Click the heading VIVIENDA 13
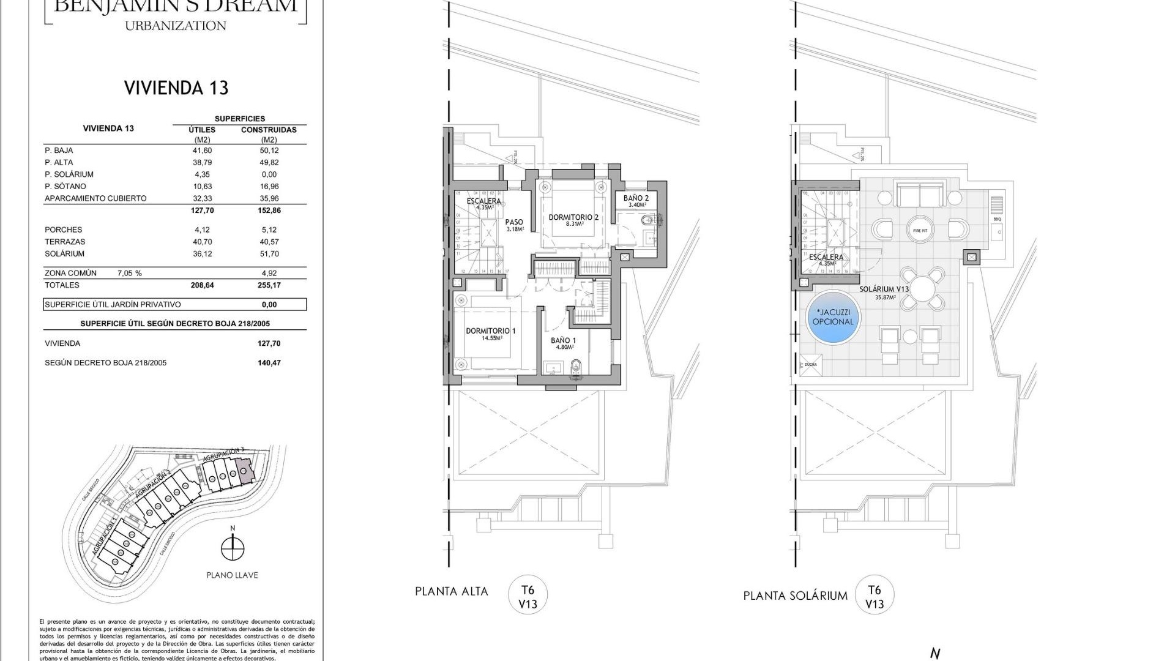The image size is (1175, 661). pyautogui.click(x=176, y=88)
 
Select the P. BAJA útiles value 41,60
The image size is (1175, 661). pyautogui.click(x=202, y=151)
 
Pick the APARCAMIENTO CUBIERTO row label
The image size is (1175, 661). pyautogui.click(x=95, y=198)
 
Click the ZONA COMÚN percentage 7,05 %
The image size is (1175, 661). pyautogui.click(x=129, y=274)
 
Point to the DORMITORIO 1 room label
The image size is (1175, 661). pyautogui.click(x=490, y=331)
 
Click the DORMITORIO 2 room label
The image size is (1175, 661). pyautogui.click(x=573, y=217)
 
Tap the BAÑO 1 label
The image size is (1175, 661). pyautogui.click(x=563, y=341)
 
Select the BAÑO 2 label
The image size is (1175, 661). pyautogui.click(x=636, y=198)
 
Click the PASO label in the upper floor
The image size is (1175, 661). pyautogui.click(x=514, y=223)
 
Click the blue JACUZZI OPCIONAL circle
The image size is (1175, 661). pyautogui.click(x=833, y=317)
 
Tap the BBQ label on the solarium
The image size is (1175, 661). pyautogui.click(x=997, y=218)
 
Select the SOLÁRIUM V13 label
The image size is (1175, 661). pyautogui.click(x=884, y=289)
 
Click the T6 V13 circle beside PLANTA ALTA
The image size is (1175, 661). pyautogui.click(x=528, y=595)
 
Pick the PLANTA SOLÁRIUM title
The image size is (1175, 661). pyautogui.click(x=795, y=596)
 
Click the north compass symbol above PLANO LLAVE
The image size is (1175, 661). pyautogui.click(x=232, y=547)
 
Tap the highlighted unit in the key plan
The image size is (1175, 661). pyautogui.click(x=245, y=472)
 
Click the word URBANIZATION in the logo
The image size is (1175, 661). pyautogui.click(x=176, y=26)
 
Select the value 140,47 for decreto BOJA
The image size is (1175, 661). pyautogui.click(x=269, y=363)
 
